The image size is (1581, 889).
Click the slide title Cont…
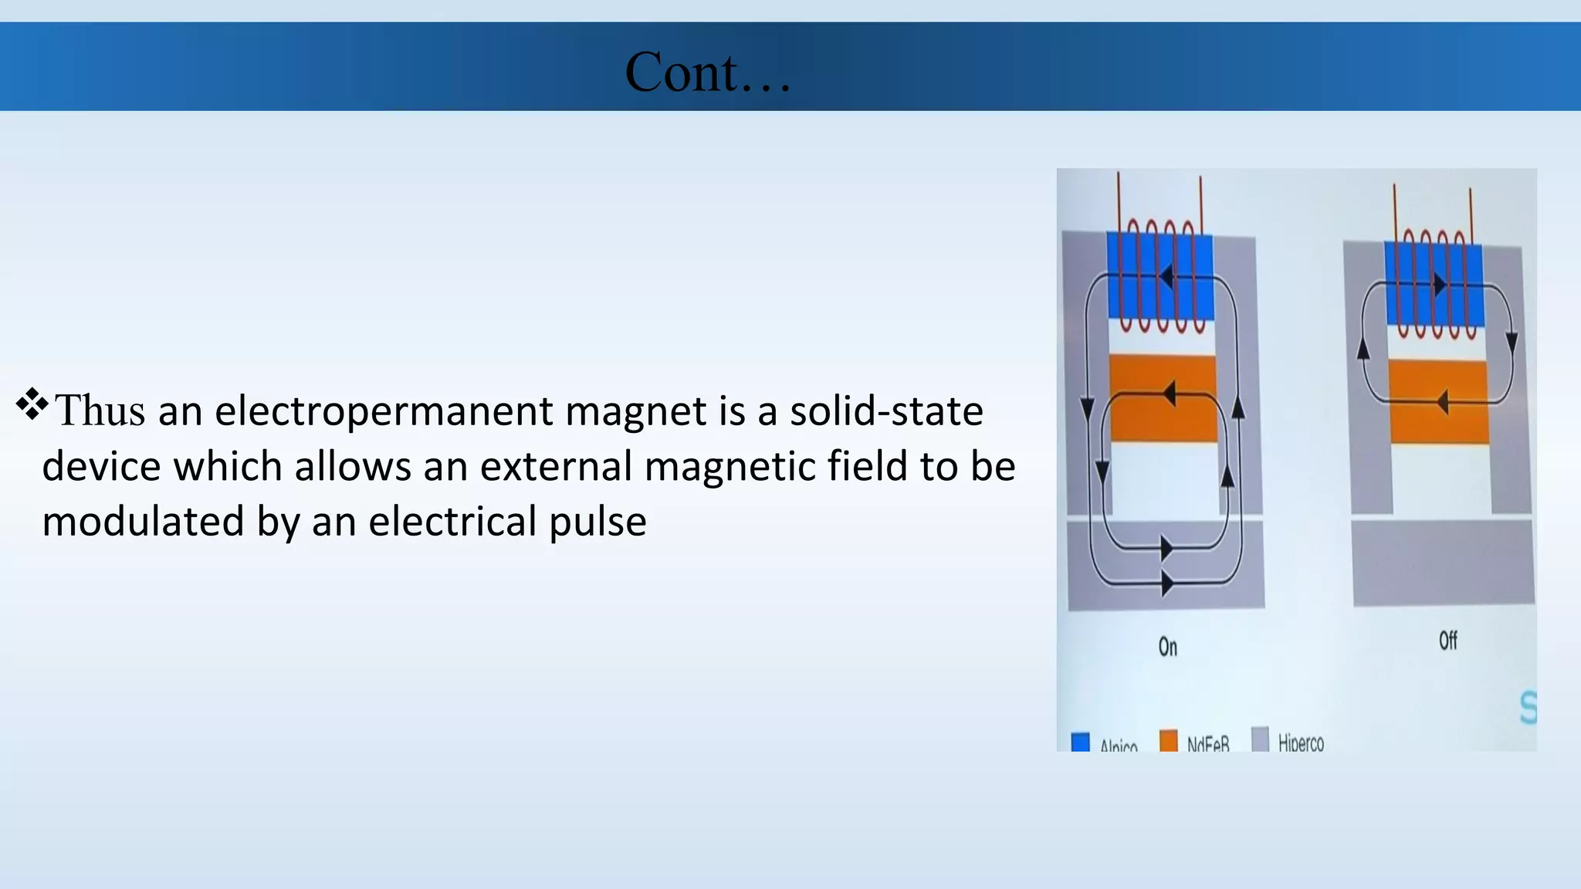coord(707,72)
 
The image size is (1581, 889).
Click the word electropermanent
coord(383,411)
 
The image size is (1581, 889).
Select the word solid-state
coord(885,411)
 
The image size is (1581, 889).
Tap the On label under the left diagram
coord(1167,647)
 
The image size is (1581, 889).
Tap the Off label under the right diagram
coord(1447,641)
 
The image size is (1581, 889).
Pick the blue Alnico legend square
coord(1081,742)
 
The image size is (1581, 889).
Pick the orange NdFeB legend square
coord(1169,740)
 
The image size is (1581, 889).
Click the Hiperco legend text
coord(1301,743)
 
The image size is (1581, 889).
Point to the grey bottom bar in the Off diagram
coord(1442,563)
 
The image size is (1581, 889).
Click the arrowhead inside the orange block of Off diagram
coord(1442,401)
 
